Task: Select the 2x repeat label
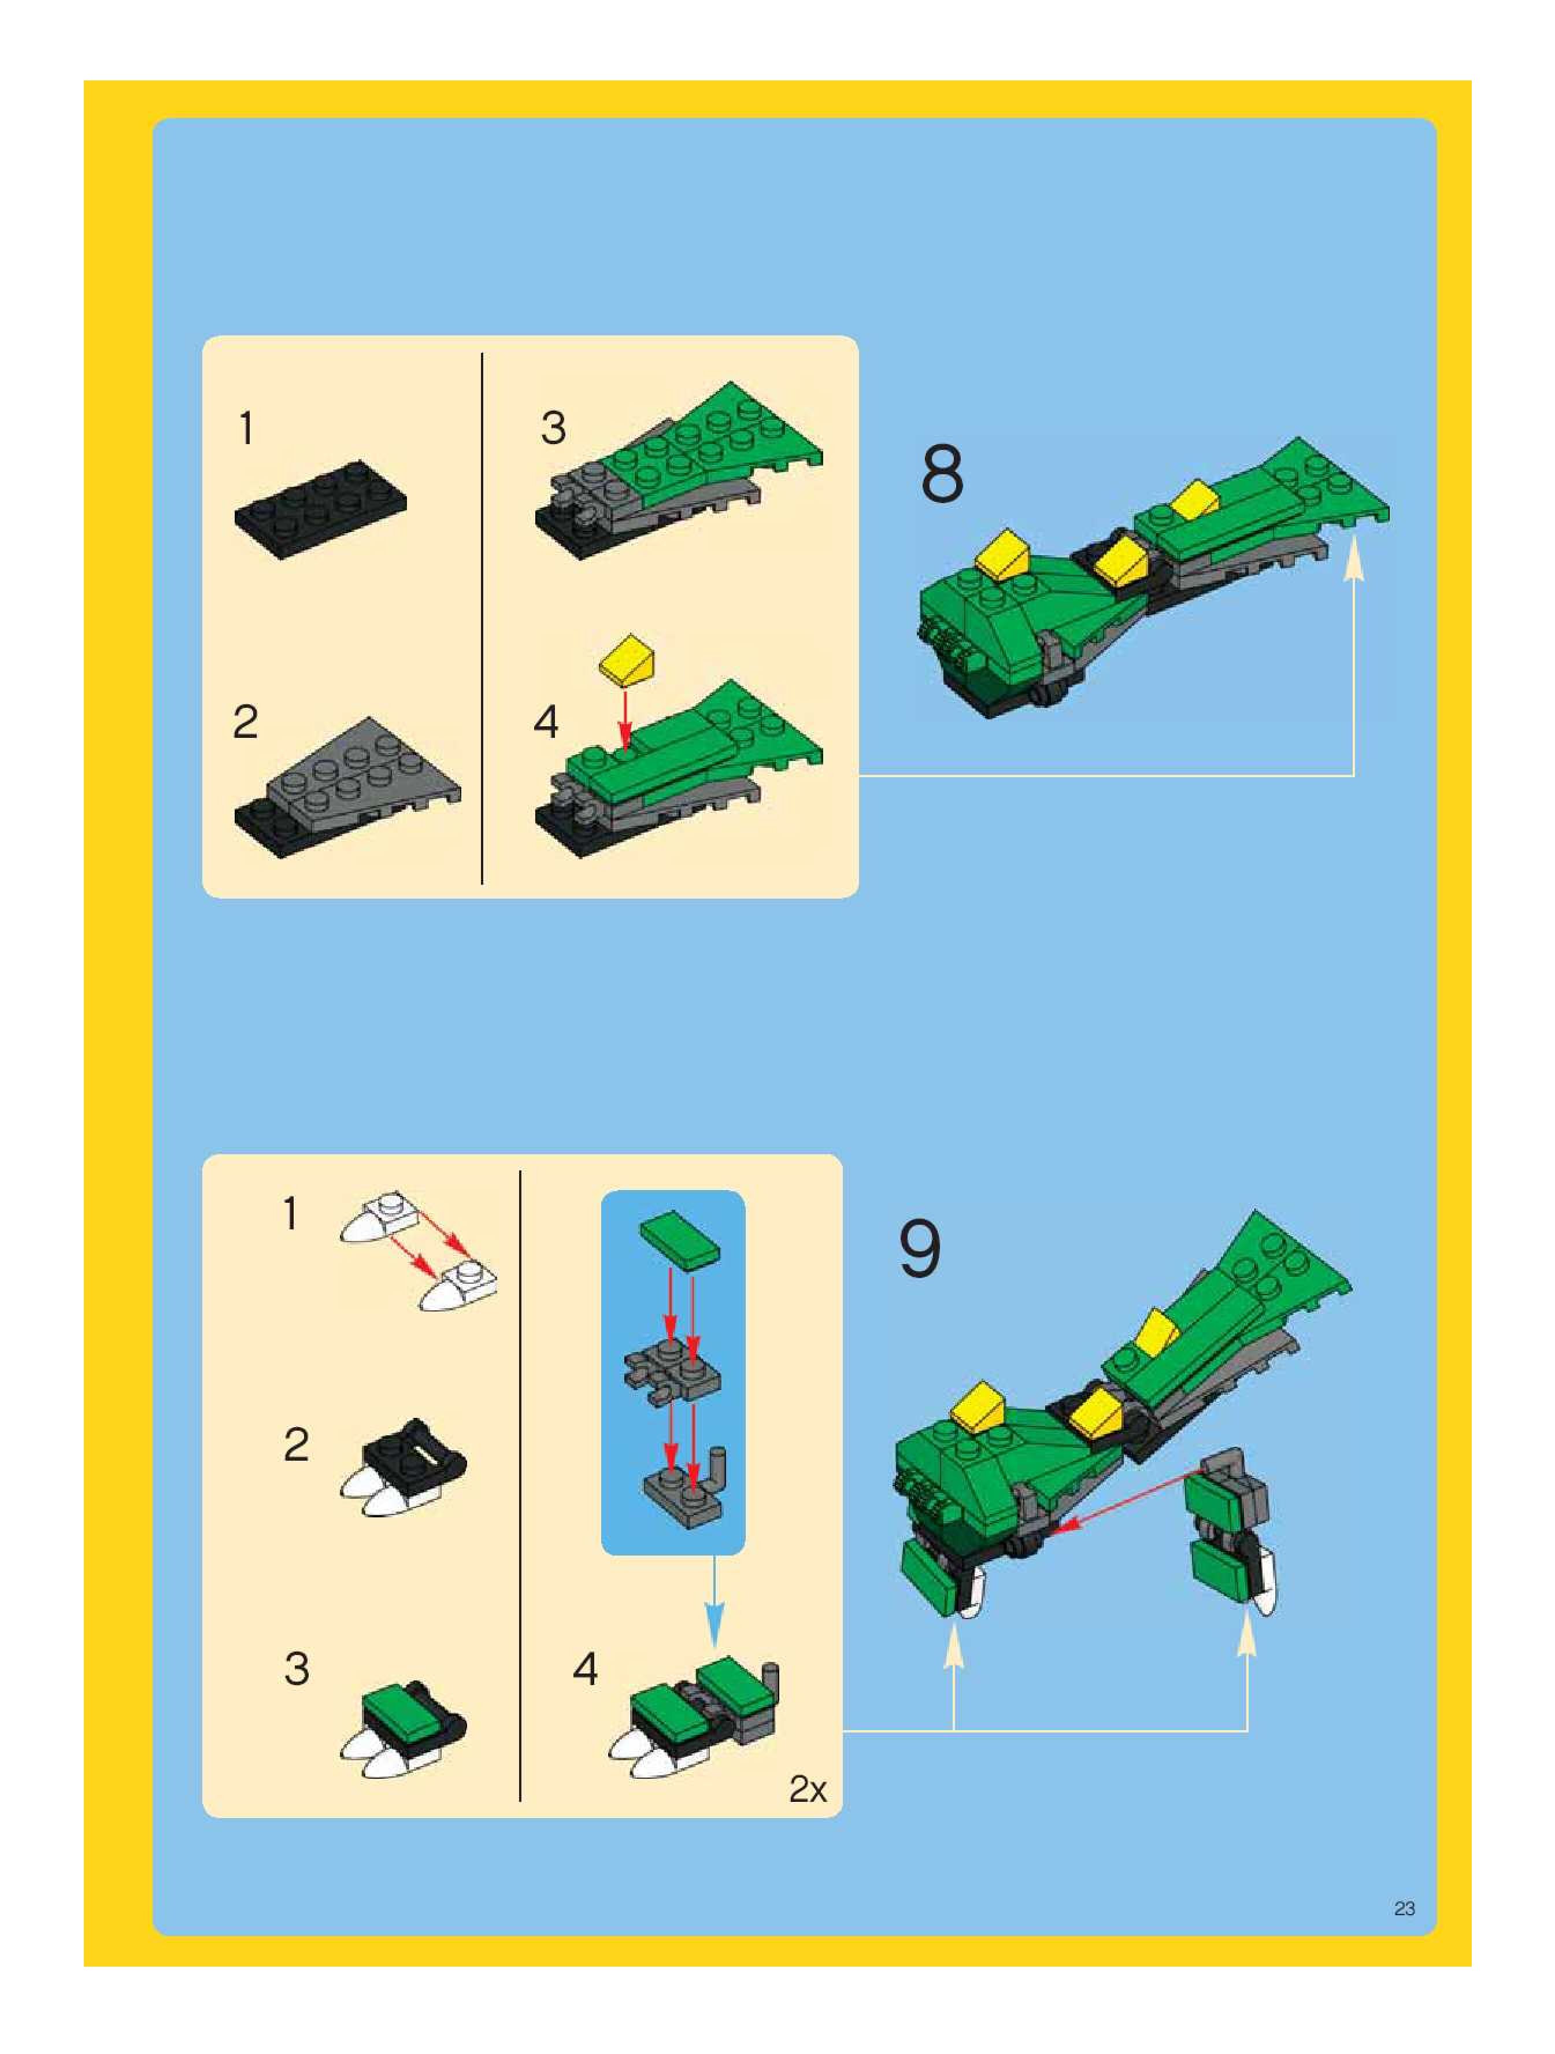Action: click(x=807, y=1789)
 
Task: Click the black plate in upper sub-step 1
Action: click(x=320, y=507)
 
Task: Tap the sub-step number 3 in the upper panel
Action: click(x=553, y=428)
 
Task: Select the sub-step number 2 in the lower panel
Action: click(x=296, y=1445)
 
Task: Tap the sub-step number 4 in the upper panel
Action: click(x=546, y=722)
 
